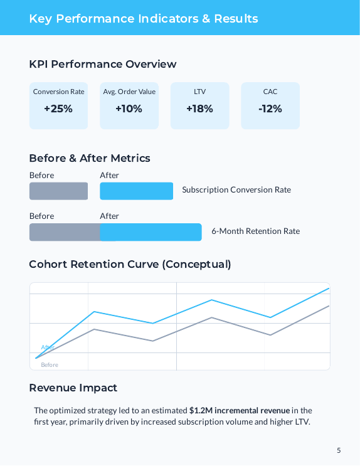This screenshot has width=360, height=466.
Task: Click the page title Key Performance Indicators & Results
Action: (x=143, y=18)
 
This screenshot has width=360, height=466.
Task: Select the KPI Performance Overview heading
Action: (x=102, y=64)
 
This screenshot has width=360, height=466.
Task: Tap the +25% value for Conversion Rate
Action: (x=58, y=109)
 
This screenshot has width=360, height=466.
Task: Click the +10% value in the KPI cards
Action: (x=129, y=109)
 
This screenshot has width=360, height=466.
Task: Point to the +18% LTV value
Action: (x=199, y=109)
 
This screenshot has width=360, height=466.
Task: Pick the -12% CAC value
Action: (x=270, y=109)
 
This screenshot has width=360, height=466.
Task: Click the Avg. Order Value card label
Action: (x=129, y=92)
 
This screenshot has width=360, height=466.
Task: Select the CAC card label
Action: (x=270, y=92)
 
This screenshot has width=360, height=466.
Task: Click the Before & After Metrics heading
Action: (x=90, y=158)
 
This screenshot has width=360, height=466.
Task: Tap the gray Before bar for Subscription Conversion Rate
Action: (x=58, y=191)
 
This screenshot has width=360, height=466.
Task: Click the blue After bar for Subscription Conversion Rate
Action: (x=136, y=191)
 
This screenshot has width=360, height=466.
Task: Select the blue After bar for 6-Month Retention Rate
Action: (x=151, y=232)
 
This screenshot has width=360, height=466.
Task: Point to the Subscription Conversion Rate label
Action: (x=236, y=189)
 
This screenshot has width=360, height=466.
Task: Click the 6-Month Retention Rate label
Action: (x=255, y=231)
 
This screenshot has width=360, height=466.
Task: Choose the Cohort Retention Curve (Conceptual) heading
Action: (x=130, y=264)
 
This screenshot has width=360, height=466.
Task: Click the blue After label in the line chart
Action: (x=48, y=347)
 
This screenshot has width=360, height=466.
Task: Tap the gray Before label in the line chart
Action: (x=50, y=364)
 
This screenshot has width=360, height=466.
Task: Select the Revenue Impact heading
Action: (x=73, y=388)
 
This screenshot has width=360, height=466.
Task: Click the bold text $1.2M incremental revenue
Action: (x=239, y=410)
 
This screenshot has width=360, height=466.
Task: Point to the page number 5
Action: (x=339, y=450)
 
